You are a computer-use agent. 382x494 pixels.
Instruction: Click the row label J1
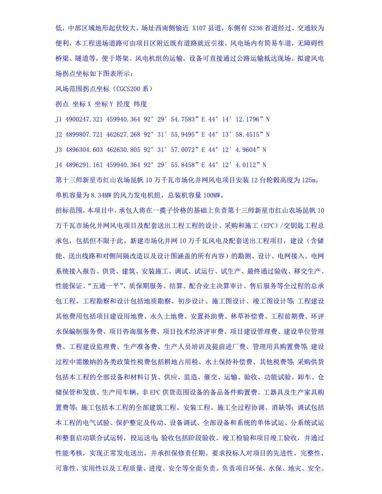pyautogui.click(x=59, y=119)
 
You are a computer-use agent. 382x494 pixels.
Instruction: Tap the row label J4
pyautogui.click(x=59, y=165)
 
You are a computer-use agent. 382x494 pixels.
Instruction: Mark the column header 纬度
pyautogui.click(x=140, y=104)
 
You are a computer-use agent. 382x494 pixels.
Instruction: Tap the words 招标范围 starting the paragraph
pyautogui.click(x=69, y=210)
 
